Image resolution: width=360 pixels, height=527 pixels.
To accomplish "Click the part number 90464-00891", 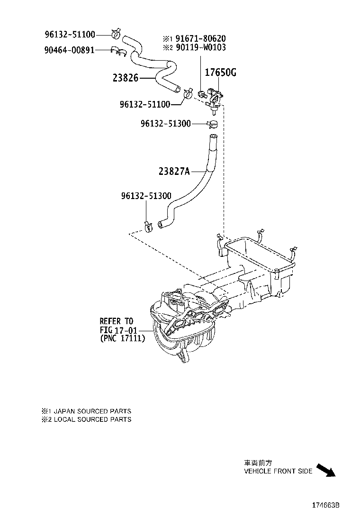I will click(x=69, y=49).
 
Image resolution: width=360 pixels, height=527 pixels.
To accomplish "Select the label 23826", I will click(x=125, y=78).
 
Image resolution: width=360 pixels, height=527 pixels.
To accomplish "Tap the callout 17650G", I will click(x=220, y=73).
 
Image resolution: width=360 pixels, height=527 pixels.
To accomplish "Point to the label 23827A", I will click(x=173, y=172).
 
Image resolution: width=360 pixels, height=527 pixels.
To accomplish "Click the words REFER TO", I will click(x=116, y=321).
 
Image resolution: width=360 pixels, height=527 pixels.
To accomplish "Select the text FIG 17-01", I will click(x=116, y=330).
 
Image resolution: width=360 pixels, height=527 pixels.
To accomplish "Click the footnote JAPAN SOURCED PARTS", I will click(x=90, y=411).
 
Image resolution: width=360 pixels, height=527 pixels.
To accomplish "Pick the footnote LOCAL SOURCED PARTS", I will click(x=90, y=419).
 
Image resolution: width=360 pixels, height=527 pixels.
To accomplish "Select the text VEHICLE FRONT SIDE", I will click(x=278, y=472).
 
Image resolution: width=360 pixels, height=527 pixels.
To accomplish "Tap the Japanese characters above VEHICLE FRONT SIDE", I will click(x=258, y=463).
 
